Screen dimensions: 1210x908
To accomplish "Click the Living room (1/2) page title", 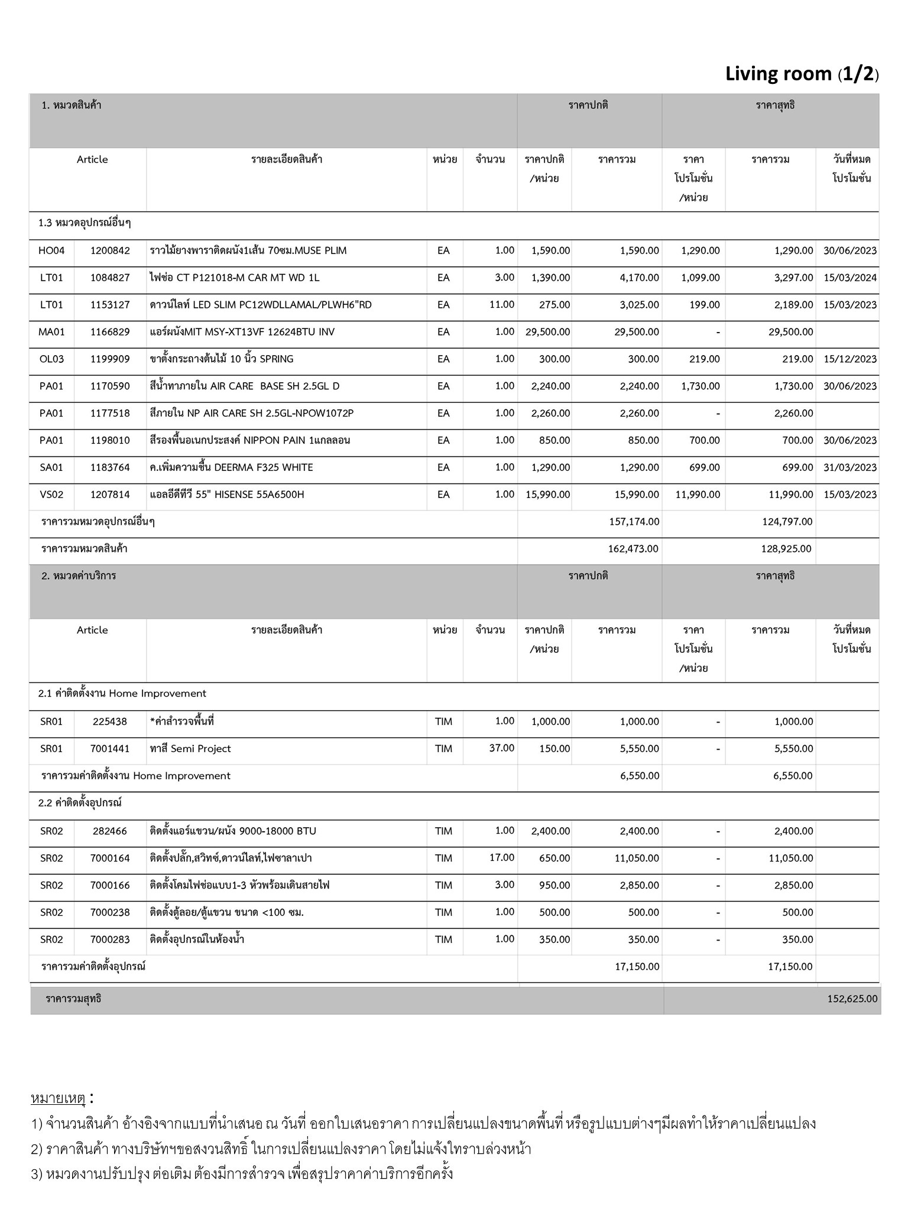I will tap(802, 74).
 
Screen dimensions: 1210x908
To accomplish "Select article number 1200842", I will tap(110, 251).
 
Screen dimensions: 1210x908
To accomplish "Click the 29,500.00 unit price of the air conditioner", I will tap(547, 332).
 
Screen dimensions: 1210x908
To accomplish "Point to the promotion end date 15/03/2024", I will tap(849, 278).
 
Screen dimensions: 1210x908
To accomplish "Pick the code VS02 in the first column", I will tap(51, 495).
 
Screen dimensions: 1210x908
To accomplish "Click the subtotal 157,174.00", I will tap(634, 522).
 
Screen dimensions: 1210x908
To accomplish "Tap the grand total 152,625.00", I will tap(852, 998).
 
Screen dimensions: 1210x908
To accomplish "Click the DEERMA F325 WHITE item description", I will tap(231, 467).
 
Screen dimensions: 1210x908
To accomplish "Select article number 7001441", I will tap(110, 749).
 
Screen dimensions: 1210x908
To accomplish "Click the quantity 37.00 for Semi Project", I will tap(501, 748).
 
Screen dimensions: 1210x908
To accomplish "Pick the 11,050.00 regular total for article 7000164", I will tap(637, 858).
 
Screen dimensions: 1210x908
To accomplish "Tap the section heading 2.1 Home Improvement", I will tap(122, 694).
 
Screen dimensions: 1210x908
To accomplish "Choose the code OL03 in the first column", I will tap(51, 359).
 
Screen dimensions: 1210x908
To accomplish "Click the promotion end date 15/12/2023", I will tap(849, 359).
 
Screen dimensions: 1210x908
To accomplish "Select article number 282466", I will tap(110, 831).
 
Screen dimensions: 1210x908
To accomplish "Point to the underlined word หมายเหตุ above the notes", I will tap(59, 1098).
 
